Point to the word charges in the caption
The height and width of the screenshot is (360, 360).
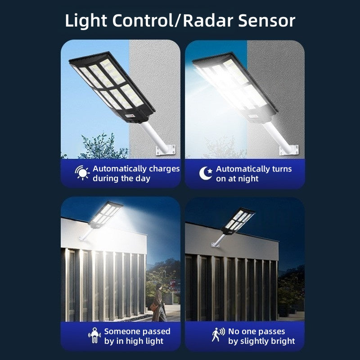[164, 169]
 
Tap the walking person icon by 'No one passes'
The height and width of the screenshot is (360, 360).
[218, 335]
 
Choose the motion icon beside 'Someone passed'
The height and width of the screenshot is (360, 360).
[94, 335]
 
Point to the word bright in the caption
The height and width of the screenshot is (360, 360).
[282, 341]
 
